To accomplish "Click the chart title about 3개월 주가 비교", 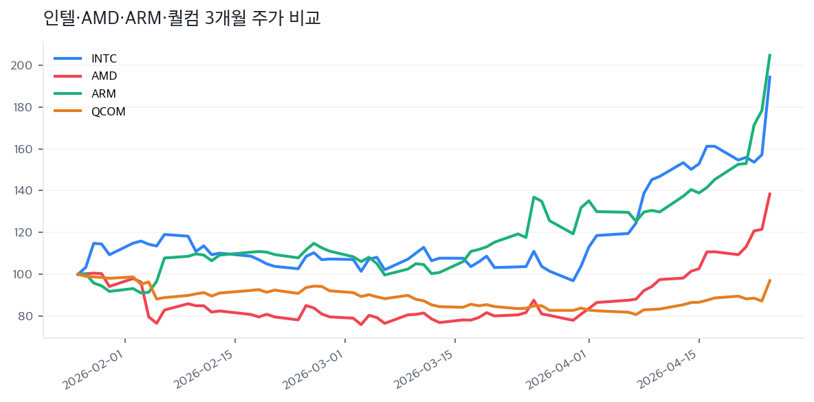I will pos(181,19).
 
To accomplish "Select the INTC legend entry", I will pos(104,58).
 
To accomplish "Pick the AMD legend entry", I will pos(104,76).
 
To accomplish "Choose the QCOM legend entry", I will pos(108,112).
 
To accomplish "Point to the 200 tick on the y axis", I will pos(26,65).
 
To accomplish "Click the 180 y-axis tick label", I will pos(26,107).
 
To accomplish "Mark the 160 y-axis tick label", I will pos(26,149).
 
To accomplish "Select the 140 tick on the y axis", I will pos(26,190).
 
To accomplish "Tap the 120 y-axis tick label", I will pos(26,232).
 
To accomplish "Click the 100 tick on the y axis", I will pos(26,274).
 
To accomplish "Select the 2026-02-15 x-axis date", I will pos(205,371).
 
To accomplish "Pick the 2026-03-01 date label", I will pos(315,371).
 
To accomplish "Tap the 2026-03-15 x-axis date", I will pos(425,371).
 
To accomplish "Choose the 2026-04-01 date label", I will pos(559,371).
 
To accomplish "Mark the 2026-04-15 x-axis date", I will pos(669,371).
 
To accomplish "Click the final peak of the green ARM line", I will pos(770,55).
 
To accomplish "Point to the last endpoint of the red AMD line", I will pos(770,194).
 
